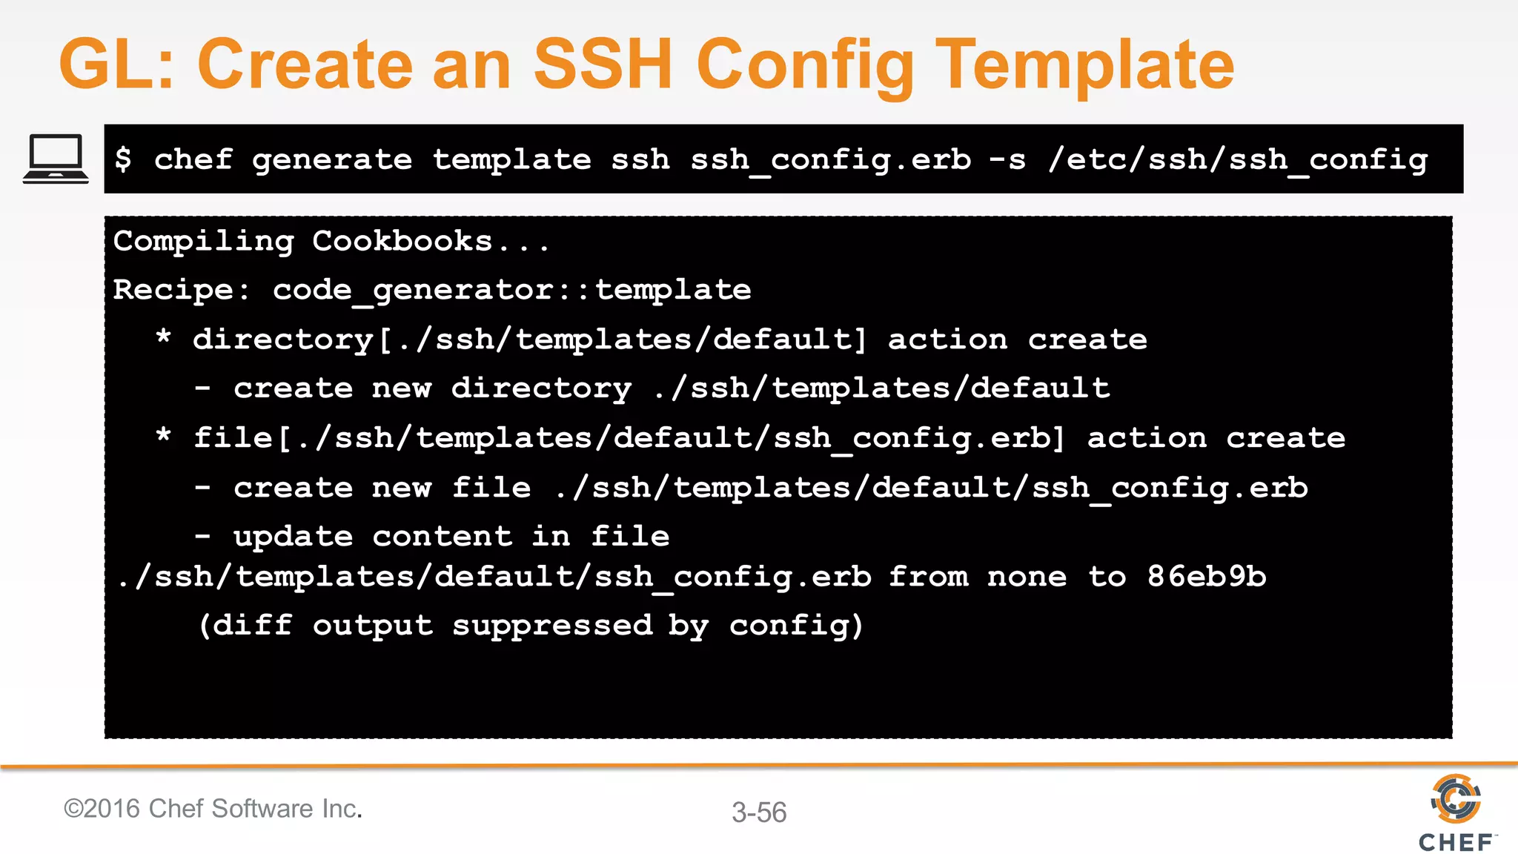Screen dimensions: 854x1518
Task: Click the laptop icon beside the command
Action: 56,159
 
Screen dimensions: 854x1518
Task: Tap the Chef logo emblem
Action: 1456,798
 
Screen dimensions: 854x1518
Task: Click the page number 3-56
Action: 759,812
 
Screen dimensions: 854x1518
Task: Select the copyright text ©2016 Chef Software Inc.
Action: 213,808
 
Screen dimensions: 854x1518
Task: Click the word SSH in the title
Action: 603,64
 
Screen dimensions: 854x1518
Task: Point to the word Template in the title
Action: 1085,64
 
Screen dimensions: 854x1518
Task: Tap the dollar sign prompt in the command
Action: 123,159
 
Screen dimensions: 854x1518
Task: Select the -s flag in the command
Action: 1008,159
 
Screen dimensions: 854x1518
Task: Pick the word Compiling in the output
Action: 204,242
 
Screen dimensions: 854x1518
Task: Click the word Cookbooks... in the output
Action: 430,242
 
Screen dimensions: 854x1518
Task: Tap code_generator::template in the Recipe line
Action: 511,290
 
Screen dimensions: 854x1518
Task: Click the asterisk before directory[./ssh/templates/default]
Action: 164,338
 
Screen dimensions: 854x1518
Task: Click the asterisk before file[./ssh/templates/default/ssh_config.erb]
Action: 164,436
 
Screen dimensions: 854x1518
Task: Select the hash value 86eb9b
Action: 1207,576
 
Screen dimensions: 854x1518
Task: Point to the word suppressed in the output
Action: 552,625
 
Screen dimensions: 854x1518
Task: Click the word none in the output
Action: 1027,576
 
